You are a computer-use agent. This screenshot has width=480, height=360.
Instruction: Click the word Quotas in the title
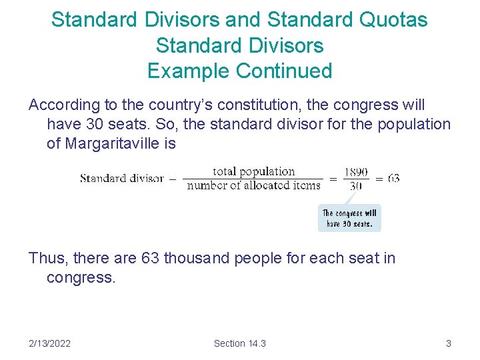394,20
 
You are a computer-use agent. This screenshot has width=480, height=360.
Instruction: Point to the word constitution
255,105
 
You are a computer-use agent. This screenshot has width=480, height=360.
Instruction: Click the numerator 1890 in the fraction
356,172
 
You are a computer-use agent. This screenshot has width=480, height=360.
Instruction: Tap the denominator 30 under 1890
356,185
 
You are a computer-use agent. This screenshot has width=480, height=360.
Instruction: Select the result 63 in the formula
393,179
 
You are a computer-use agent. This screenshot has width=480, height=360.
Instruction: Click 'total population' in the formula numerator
253,171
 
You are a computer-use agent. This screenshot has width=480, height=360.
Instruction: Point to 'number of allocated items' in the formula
253,185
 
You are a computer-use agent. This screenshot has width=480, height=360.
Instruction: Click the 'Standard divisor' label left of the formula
121,178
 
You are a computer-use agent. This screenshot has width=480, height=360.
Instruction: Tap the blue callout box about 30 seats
349,219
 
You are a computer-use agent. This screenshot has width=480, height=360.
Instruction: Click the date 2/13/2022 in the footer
50,343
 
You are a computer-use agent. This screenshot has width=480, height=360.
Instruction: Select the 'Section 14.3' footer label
239,343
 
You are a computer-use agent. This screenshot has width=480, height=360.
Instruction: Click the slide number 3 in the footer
448,343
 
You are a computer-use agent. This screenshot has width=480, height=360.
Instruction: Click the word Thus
45,258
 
